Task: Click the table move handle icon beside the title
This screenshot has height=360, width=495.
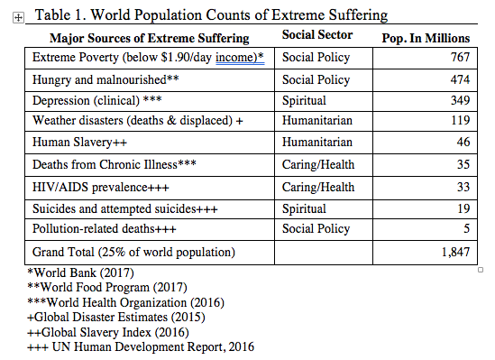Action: pos(18,18)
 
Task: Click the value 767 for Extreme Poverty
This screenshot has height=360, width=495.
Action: pos(460,57)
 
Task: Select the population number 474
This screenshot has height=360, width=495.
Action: pos(460,79)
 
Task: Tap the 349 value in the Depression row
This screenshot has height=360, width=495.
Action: pos(460,100)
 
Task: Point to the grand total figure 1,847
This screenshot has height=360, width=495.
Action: pos(455,252)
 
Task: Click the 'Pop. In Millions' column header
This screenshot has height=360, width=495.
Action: pos(426,38)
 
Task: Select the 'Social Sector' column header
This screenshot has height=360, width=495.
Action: pos(317,34)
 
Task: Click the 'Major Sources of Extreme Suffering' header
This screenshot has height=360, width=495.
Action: pos(150,38)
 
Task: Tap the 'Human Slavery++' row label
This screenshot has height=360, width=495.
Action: pos(79,143)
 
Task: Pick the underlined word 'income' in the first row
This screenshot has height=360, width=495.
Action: pos(234,57)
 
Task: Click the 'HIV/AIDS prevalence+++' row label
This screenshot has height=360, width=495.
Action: pos(101,188)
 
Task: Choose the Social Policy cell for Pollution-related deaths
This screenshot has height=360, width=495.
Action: pos(316,228)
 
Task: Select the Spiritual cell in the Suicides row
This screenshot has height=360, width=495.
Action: pos(304,209)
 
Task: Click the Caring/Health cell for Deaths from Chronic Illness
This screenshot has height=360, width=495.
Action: pos(318,165)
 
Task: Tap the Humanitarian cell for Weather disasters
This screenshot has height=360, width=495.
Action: pos(317,121)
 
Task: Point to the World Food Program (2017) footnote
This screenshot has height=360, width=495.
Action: pos(107,287)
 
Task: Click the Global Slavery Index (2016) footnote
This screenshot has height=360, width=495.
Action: pos(108,333)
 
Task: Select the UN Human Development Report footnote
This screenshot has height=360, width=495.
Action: pos(141,347)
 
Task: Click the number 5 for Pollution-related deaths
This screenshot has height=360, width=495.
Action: pos(466,228)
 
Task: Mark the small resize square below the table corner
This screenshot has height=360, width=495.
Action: pos(481,270)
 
